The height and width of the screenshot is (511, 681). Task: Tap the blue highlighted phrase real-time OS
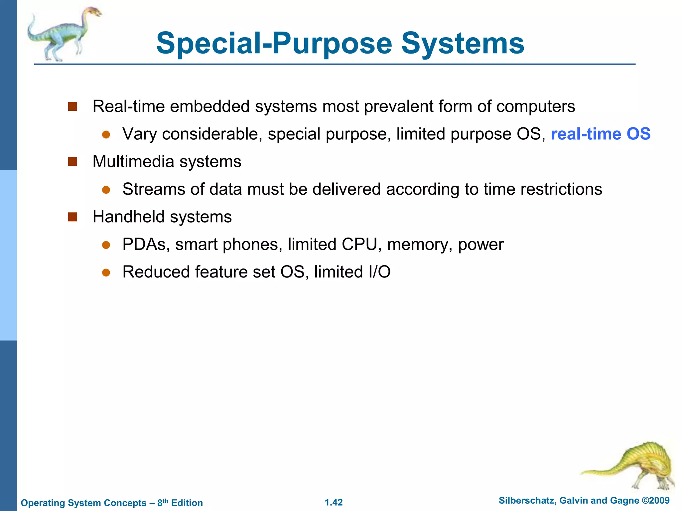point(601,134)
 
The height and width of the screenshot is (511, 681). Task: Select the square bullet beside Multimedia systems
point(72,162)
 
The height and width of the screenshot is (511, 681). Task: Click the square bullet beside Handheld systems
point(72,217)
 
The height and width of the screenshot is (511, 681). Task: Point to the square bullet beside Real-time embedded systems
point(72,106)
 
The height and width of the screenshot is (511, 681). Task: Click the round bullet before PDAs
point(106,245)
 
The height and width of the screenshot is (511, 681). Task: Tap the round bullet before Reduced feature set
point(106,272)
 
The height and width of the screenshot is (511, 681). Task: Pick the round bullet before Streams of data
point(106,190)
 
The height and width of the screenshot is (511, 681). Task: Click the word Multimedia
point(133,162)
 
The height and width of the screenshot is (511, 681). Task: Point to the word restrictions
point(561,189)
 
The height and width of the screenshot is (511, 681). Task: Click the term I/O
point(379,272)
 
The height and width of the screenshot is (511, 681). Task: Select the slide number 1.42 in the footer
point(334,502)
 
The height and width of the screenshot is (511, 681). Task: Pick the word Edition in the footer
point(187,503)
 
